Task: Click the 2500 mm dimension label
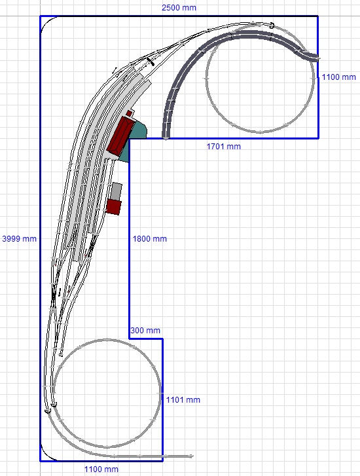[x=179, y=8]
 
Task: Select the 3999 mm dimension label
[x=19, y=238]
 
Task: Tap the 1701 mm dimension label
[x=224, y=146]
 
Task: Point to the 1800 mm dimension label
[x=150, y=238]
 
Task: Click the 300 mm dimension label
[x=145, y=330]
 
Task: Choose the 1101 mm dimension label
[x=183, y=400]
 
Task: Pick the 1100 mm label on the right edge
[x=339, y=77]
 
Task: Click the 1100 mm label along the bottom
[x=101, y=469]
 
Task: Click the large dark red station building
[x=120, y=137]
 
